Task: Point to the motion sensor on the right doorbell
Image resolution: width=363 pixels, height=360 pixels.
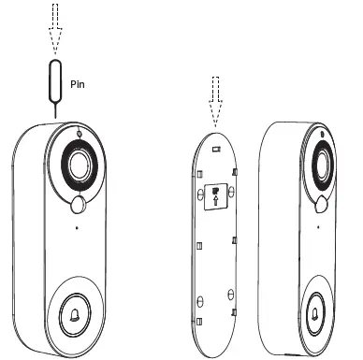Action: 323,203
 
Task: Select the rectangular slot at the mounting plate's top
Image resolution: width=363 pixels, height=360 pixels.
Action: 216,147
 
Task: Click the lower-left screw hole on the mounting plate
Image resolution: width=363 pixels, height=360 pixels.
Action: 198,299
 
